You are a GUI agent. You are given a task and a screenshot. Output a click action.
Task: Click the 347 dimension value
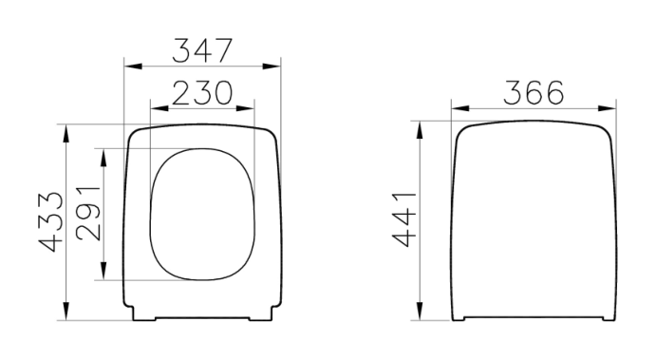(202, 50)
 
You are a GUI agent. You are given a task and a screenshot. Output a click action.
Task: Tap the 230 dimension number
(202, 93)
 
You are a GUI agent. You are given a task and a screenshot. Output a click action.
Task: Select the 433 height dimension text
(51, 222)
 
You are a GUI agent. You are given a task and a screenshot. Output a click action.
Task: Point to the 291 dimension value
(88, 214)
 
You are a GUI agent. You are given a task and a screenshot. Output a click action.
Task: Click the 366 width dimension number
(534, 92)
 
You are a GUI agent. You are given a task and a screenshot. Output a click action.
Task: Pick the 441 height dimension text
(404, 219)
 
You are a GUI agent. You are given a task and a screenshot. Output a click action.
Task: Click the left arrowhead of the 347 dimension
(133, 66)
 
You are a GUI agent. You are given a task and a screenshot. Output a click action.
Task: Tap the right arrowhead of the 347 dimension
(272, 66)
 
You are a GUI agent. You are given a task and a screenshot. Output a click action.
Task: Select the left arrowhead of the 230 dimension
(159, 108)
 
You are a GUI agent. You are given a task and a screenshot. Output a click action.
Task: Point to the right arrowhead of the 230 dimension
(245, 108)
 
